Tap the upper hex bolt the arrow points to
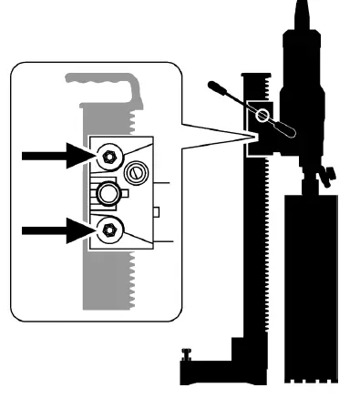[x=108, y=157]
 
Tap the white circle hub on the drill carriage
[x=263, y=116]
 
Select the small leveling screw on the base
[x=189, y=357]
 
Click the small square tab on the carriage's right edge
[x=158, y=212]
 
